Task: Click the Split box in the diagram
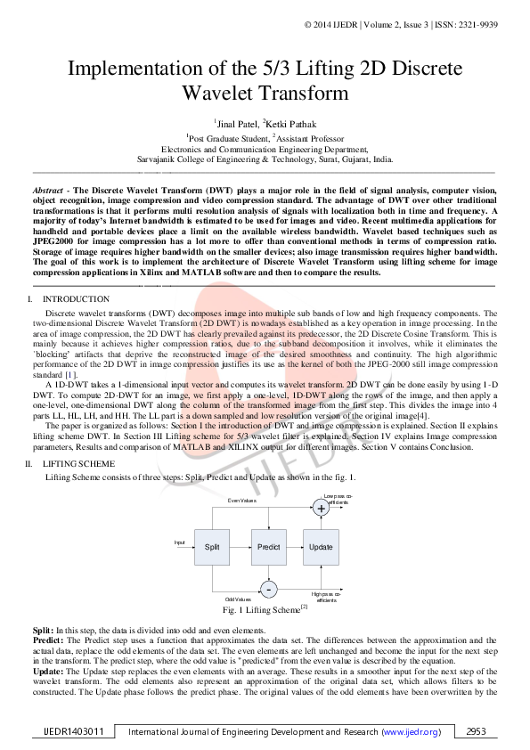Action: point(212,547)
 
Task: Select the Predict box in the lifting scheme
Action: point(268,547)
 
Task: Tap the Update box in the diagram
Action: point(321,547)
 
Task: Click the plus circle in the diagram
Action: point(322,509)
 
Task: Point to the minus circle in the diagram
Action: point(268,589)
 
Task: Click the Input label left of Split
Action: point(180,542)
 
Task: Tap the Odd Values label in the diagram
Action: point(238,599)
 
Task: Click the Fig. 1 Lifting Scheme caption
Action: point(265,610)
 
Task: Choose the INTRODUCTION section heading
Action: point(77,299)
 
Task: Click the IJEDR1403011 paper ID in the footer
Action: point(75,731)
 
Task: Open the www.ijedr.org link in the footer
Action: point(411,731)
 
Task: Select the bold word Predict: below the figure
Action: point(47,639)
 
